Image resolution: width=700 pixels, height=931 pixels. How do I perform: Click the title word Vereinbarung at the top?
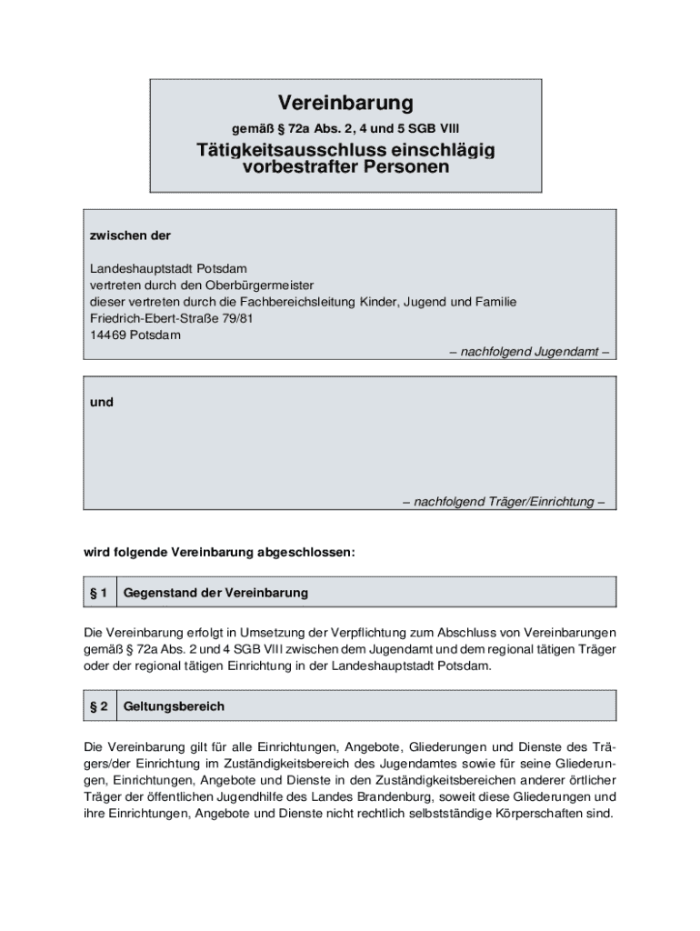pyautogui.click(x=345, y=102)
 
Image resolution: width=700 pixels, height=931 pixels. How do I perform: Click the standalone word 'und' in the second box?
pyautogui.click(x=102, y=401)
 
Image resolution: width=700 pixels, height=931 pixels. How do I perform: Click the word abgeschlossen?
pyautogui.click(x=306, y=551)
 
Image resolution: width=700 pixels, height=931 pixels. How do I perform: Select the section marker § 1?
pyautogui.click(x=99, y=593)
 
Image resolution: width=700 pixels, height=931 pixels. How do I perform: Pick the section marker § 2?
pyautogui.click(x=99, y=706)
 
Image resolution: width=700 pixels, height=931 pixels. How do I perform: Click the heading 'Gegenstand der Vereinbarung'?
pyautogui.click(x=215, y=593)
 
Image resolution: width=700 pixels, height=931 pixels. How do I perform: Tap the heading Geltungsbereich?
pyautogui.click(x=174, y=706)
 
